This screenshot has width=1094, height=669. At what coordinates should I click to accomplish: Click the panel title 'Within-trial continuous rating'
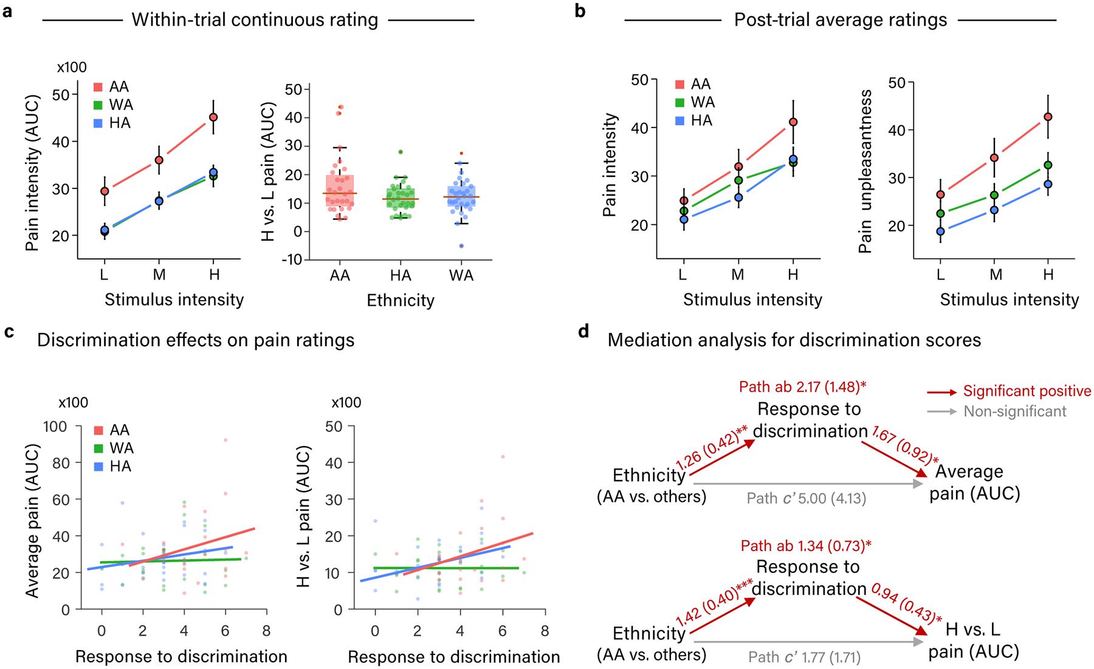255,20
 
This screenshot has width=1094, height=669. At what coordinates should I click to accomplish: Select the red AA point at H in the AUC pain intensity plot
213,117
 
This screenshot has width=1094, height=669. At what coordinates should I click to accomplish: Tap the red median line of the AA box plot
340,193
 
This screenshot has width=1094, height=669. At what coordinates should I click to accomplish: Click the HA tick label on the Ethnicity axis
401,276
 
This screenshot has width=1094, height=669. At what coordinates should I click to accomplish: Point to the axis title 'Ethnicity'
401,300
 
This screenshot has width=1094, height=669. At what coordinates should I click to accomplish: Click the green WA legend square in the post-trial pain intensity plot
681,102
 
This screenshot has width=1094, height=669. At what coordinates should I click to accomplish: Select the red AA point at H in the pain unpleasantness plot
1048,117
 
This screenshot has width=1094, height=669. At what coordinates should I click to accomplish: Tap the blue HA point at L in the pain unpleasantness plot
941,232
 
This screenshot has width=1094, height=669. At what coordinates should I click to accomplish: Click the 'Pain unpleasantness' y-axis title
865,171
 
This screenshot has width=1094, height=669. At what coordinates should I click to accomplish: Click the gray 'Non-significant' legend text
1015,411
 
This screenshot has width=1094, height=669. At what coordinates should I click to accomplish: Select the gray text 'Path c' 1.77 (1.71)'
804,657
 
